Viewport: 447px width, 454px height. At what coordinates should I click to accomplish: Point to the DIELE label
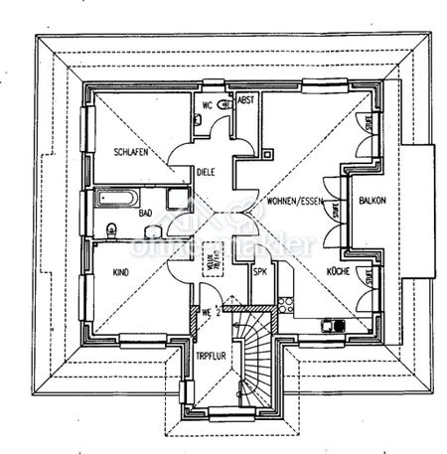[205, 171]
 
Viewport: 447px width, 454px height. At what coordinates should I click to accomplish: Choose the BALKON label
[372, 200]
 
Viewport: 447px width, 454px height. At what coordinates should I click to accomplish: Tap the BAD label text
[146, 213]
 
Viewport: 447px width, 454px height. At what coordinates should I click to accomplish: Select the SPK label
[260, 270]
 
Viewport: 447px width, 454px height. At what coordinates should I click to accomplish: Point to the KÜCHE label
[337, 270]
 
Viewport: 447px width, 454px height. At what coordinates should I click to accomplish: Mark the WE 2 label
[207, 314]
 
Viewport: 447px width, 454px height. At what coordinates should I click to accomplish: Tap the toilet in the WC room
[199, 118]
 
